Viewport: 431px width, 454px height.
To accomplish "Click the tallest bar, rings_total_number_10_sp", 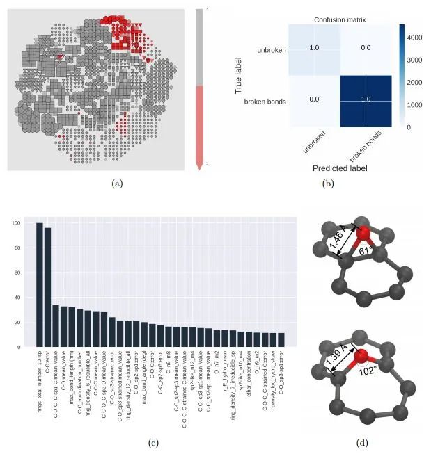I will click(x=40, y=284).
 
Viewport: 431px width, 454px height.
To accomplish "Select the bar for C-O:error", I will click(x=47, y=286).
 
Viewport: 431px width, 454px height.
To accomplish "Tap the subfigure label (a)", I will click(x=116, y=183).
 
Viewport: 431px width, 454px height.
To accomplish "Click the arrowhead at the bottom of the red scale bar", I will click(x=201, y=164).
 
